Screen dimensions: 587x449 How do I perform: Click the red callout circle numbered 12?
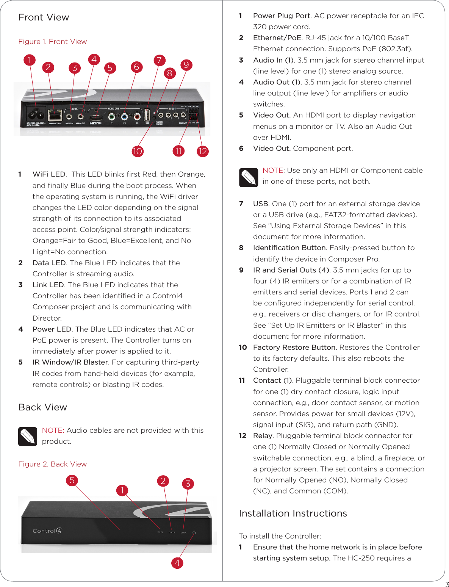(x=203, y=151)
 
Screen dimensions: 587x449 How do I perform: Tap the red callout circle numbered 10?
(x=137, y=151)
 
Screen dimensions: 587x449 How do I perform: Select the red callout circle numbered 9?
(x=186, y=65)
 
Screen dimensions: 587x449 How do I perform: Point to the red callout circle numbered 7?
(x=159, y=60)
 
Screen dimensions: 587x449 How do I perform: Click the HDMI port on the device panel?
(x=95, y=117)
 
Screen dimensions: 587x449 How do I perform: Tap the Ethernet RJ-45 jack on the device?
(x=55, y=115)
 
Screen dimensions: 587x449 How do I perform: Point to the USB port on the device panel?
(x=147, y=115)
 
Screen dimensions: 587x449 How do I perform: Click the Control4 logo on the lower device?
(x=47, y=531)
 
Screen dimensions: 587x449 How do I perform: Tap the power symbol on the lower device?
(x=194, y=532)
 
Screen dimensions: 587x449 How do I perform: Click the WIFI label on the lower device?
(x=160, y=532)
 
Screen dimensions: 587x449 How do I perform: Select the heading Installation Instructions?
(x=293, y=513)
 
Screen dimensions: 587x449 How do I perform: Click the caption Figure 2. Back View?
(x=53, y=464)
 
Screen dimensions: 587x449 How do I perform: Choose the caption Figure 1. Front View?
(x=53, y=41)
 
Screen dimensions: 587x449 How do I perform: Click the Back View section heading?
(x=43, y=407)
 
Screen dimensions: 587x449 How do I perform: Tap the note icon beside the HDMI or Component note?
(x=249, y=177)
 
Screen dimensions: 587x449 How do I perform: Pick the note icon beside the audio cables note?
(x=28, y=437)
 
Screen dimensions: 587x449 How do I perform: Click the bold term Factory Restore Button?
(x=294, y=347)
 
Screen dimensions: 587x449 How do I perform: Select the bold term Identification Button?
(x=289, y=247)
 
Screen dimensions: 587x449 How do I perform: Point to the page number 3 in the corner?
(x=447, y=584)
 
